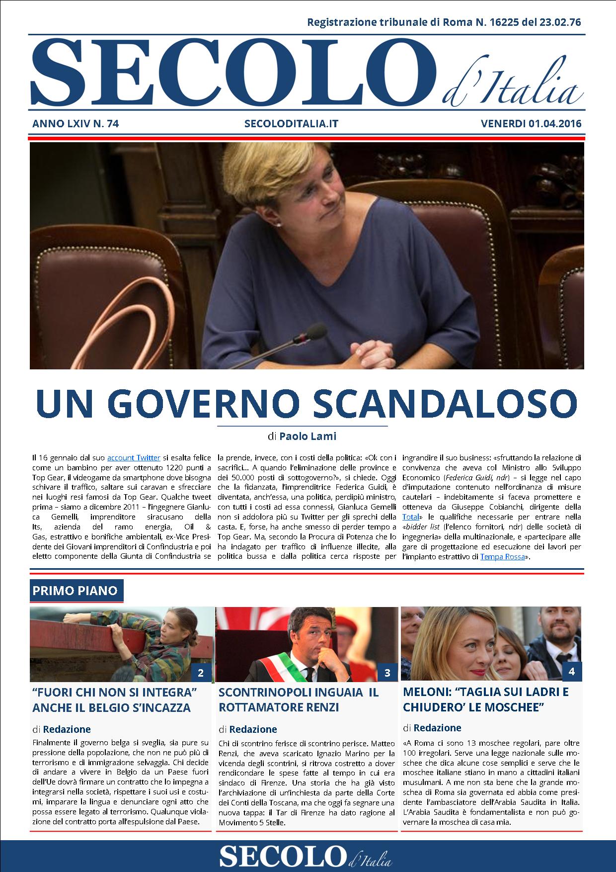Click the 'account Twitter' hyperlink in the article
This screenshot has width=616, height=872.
click(134, 458)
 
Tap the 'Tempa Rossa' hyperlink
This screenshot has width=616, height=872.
click(502, 557)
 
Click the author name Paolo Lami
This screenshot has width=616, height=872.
click(308, 436)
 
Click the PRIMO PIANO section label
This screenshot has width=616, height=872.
click(75, 591)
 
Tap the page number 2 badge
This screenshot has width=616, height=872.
click(201, 673)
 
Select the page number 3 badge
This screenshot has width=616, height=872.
click(387, 673)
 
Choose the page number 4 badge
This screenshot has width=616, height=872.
click(571, 672)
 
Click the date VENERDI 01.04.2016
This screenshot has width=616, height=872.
click(531, 124)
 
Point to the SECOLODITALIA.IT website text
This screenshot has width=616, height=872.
click(292, 124)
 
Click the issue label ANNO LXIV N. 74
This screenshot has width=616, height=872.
click(76, 124)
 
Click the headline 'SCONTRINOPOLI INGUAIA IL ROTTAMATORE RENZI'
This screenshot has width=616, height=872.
click(298, 699)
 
